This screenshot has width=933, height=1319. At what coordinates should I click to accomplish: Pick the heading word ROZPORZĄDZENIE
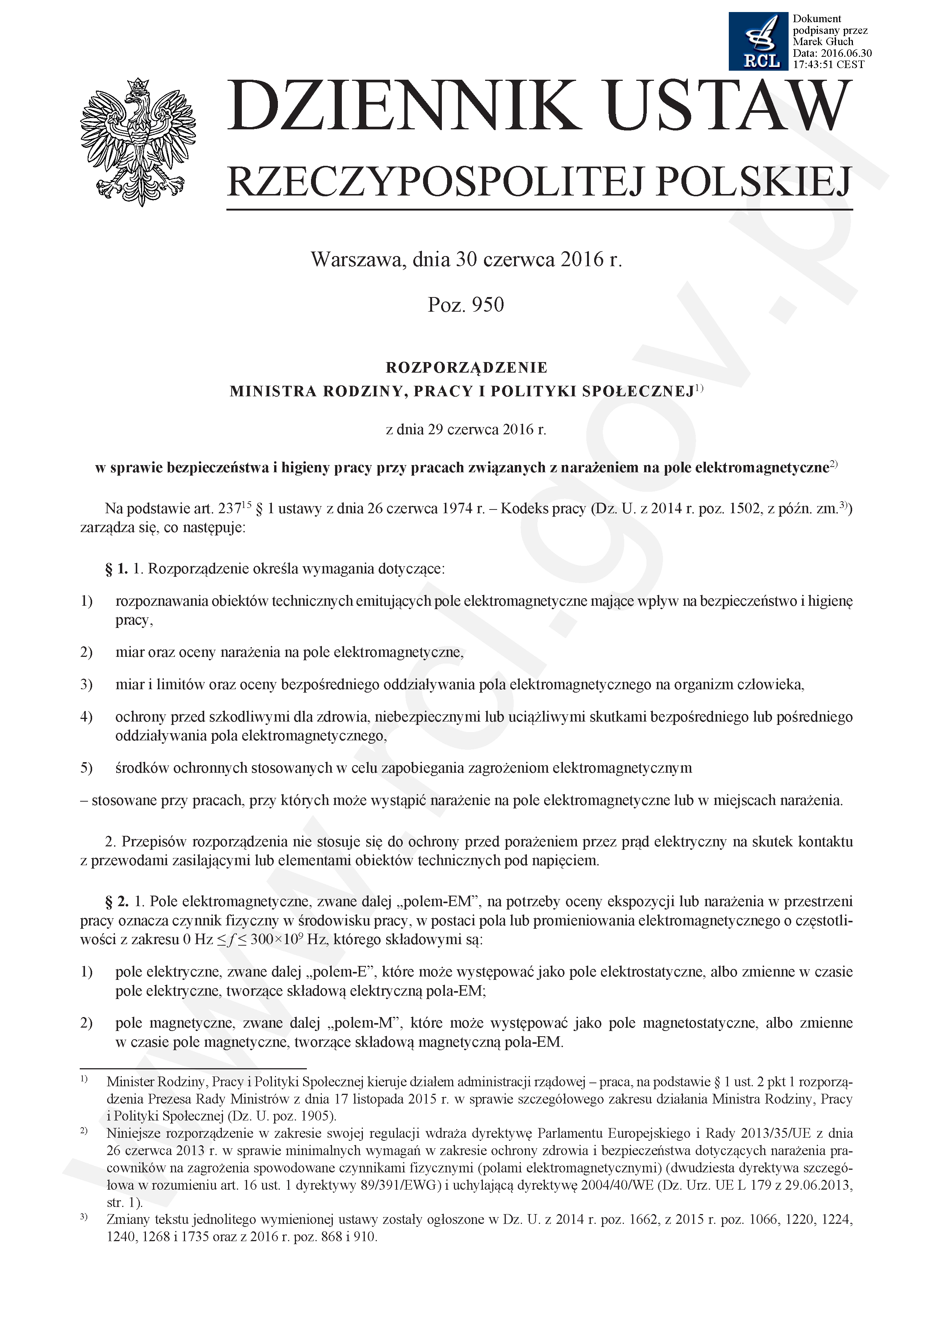(x=466, y=367)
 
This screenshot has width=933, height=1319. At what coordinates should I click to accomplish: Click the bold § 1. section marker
(x=117, y=569)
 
